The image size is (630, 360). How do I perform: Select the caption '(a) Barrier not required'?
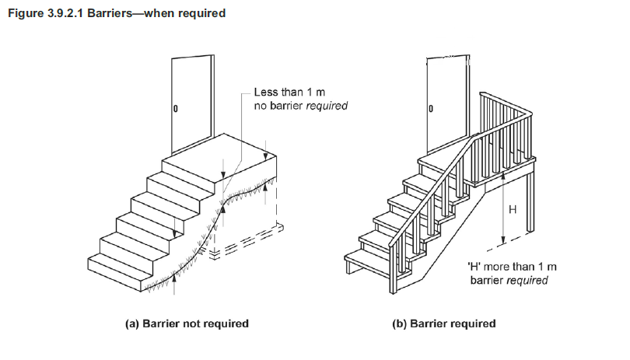[187, 323]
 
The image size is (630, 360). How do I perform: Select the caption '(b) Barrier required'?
[443, 323]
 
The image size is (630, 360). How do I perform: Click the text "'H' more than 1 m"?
[513, 267]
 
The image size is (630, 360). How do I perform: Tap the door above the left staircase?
[191, 101]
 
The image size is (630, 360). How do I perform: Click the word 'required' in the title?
[202, 13]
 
